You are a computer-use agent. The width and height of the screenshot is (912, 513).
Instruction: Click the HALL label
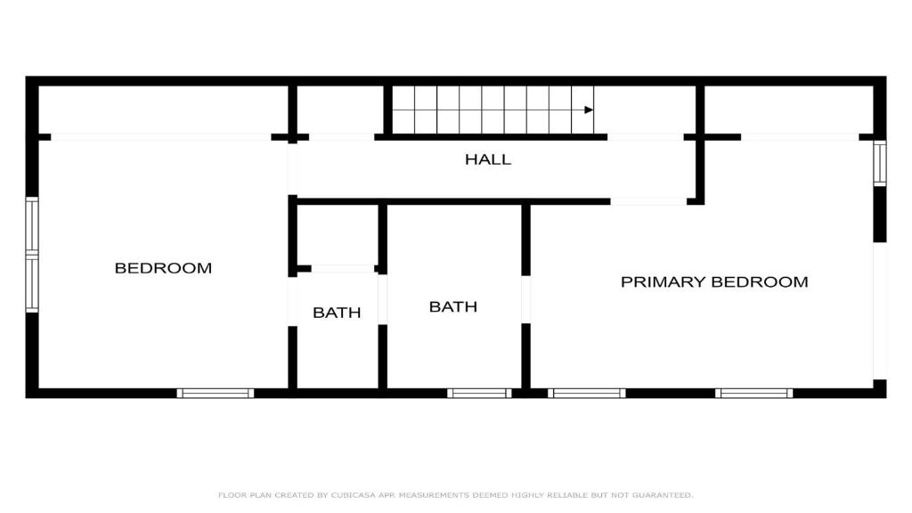pyautogui.click(x=488, y=159)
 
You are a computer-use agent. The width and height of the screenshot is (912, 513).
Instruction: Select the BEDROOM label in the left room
pyautogui.click(x=163, y=268)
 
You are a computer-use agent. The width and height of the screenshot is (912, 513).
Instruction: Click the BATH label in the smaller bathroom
pyautogui.click(x=337, y=313)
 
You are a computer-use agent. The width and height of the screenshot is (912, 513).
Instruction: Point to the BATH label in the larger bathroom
pyautogui.click(x=453, y=306)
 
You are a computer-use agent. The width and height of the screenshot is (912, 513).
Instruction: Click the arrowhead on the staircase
pyautogui.click(x=589, y=110)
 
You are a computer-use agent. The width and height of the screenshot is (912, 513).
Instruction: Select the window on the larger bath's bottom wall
pyautogui.click(x=479, y=393)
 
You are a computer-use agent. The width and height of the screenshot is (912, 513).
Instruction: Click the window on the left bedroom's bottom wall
pyautogui.click(x=216, y=393)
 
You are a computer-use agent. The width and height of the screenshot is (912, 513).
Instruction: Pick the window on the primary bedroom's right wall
pyautogui.click(x=880, y=164)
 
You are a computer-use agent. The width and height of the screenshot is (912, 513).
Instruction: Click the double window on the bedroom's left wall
pyautogui.click(x=32, y=255)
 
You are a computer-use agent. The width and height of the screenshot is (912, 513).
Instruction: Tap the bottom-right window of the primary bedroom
pyautogui.click(x=753, y=393)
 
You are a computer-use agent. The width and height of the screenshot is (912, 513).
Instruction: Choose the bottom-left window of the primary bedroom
pyautogui.click(x=586, y=393)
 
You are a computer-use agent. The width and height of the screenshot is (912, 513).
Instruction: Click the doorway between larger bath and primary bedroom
pyautogui.click(x=525, y=299)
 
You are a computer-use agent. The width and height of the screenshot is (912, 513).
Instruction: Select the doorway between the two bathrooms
pyautogui.click(x=382, y=299)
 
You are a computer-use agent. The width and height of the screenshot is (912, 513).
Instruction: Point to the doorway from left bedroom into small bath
pyautogui.click(x=292, y=301)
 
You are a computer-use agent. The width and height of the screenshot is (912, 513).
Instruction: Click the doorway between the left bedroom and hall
pyautogui.click(x=292, y=168)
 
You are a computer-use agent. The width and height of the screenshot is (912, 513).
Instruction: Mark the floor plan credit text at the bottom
pyautogui.click(x=455, y=495)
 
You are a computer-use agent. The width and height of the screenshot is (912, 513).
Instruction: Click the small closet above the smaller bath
pyautogui.click(x=338, y=235)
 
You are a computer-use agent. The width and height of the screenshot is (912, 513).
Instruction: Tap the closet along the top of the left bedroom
pyautogui.click(x=163, y=110)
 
